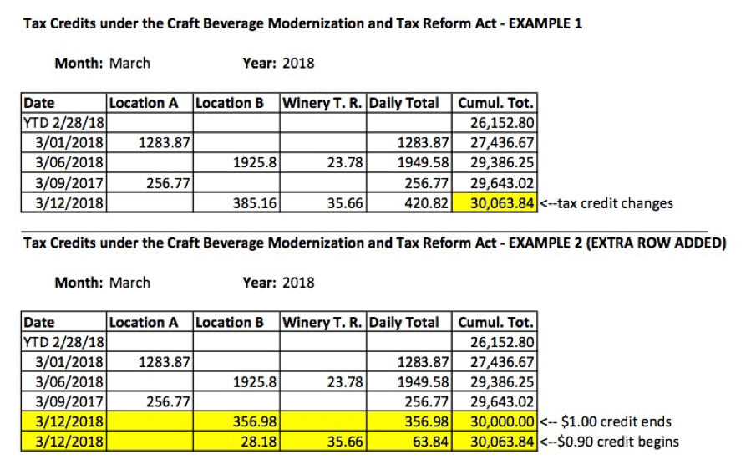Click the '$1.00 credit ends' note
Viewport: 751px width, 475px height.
pos(605,421)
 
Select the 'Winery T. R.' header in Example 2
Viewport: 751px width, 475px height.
pos(323,322)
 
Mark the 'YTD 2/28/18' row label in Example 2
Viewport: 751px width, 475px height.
pos(64,341)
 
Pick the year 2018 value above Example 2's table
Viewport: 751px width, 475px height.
pos(298,282)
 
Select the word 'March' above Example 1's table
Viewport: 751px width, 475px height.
pos(129,63)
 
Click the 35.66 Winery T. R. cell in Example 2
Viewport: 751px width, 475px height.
pos(346,442)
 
